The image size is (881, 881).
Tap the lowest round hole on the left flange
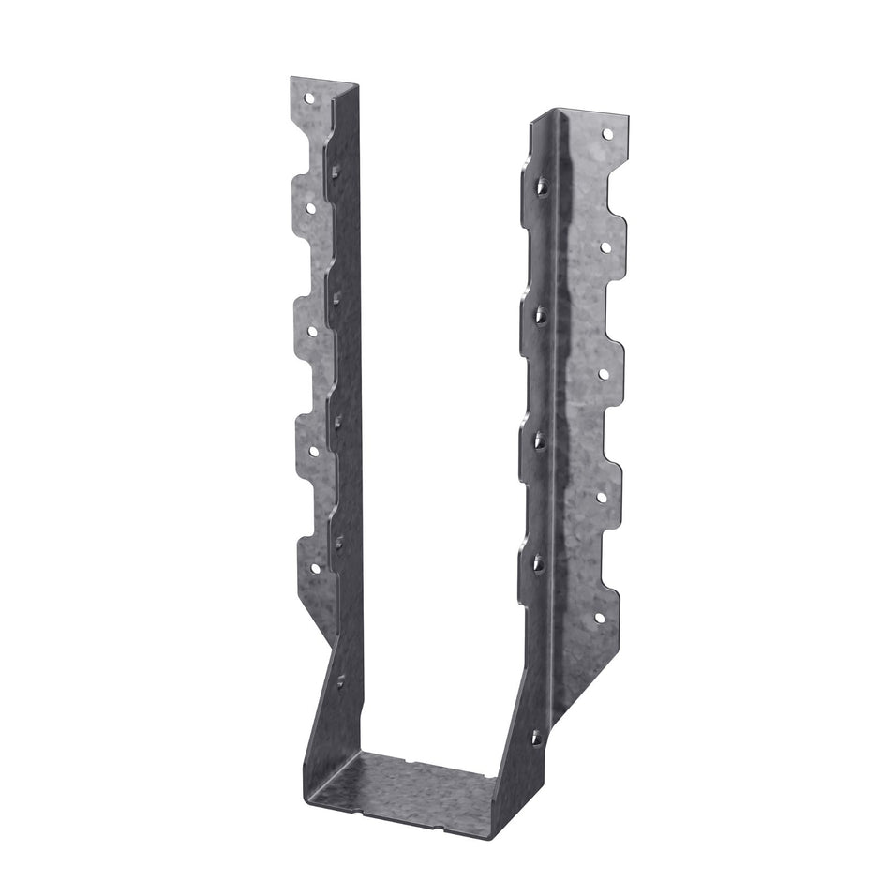tap(314, 568)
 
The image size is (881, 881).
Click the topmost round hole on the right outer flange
tap(606, 134)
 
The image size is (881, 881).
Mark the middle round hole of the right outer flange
tap(605, 373)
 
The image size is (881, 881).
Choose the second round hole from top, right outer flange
tap(605, 247)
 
